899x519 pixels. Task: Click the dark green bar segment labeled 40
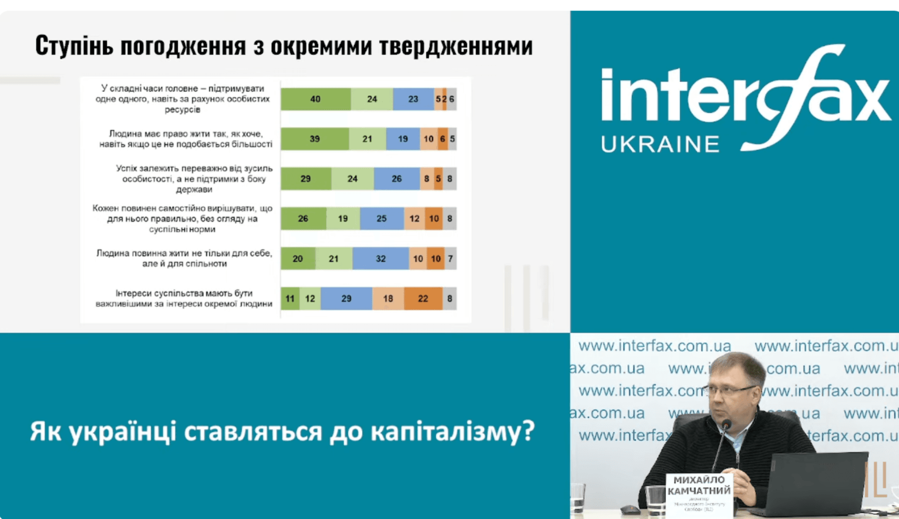[x=315, y=99]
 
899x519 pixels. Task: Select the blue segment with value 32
[x=380, y=259]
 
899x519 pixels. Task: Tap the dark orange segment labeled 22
[x=423, y=299]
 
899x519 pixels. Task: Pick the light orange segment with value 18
[x=388, y=299]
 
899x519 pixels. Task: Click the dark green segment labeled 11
[x=290, y=299]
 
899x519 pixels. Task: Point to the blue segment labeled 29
[x=346, y=299]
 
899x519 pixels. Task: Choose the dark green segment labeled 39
[x=314, y=139]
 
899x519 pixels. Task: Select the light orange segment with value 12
[x=414, y=219]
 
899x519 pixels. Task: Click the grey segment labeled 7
[x=450, y=259]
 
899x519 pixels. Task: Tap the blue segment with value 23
[x=413, y=99]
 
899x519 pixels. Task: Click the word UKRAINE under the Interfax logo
[x=660, y=144]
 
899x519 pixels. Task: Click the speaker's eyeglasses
[x=731, y=390]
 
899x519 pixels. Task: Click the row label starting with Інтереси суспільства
[x=184, y=298]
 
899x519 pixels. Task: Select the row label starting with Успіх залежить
[x=194, y=179]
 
